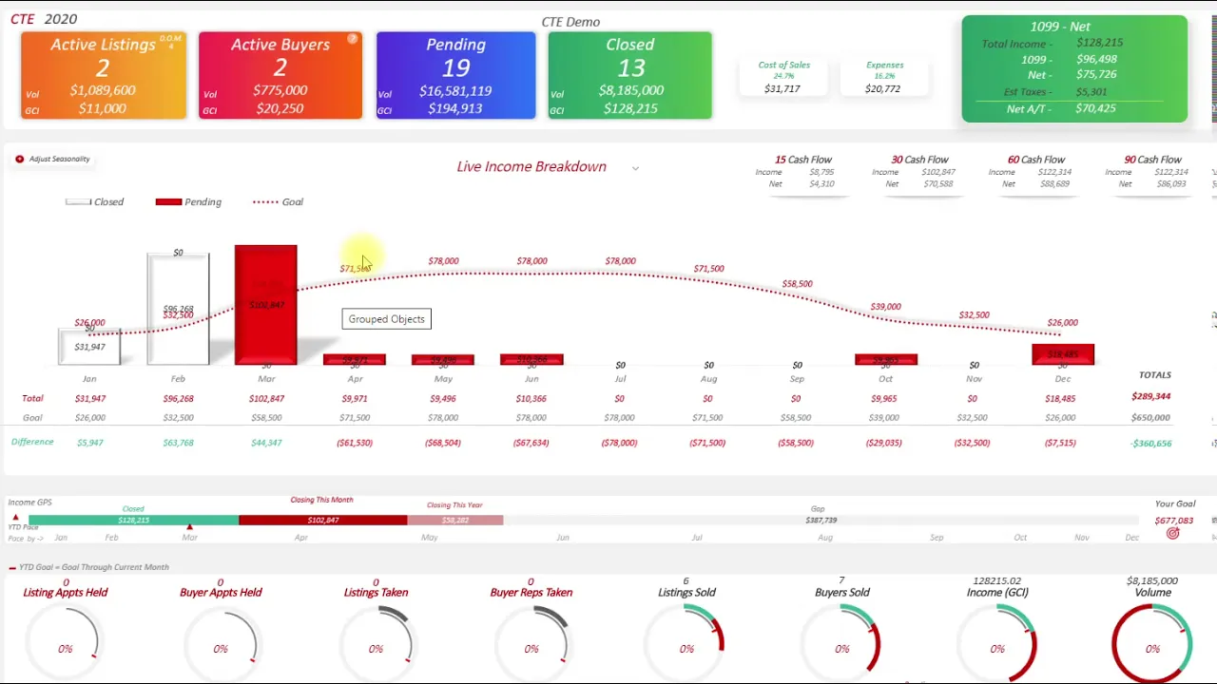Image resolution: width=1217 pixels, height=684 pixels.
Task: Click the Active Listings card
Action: point(103,76)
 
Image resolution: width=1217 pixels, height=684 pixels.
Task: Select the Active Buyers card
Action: point(280,76)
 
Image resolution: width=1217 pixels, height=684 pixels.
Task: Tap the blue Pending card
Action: point(455,76)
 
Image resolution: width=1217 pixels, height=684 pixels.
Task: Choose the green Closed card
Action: point(629,76)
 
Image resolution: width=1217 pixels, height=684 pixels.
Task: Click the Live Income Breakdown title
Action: point(531,167)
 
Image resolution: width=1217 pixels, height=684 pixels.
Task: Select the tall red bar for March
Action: point(265,304)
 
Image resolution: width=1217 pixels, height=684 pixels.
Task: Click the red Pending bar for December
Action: point(1062,354)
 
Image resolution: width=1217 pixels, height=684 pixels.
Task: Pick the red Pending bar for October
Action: point(885,359)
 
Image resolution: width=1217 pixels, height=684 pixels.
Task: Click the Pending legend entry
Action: point(188,202)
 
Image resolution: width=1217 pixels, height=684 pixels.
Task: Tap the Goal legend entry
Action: point(278,202)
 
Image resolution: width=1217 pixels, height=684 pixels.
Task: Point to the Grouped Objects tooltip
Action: point(386,319)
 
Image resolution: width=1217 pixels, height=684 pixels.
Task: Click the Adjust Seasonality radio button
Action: point(19,160)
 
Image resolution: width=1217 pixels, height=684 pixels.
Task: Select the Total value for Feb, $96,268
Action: point(178,399)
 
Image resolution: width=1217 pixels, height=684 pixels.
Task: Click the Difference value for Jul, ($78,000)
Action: point(619,443)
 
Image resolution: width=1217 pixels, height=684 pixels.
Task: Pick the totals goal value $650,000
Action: point(1150,418)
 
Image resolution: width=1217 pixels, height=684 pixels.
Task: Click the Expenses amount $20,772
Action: point(882,88)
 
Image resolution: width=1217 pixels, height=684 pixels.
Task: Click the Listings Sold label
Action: point(686,593)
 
